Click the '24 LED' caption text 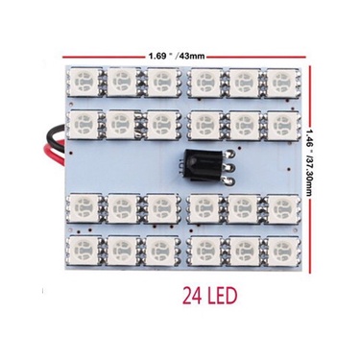point(209,297)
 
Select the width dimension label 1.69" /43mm point(177,57)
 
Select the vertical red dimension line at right point(310,170)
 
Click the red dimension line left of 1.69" point(104,58)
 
